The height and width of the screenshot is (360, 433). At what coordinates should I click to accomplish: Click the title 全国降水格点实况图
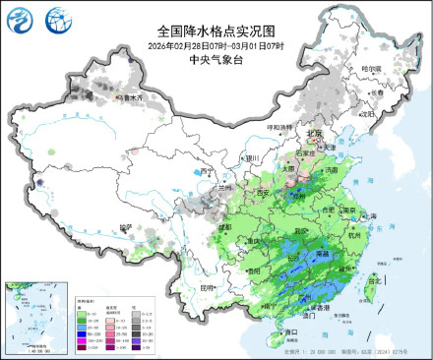point(216,32)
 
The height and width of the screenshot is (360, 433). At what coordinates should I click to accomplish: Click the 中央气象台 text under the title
point(216,59)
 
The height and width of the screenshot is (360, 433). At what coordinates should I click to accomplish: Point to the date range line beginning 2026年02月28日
point(216,46)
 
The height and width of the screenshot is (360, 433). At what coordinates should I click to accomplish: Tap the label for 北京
point(312,133)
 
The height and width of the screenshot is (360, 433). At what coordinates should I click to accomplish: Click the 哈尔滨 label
point(369,68)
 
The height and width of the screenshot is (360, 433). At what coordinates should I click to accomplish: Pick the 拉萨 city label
point(125,227)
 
